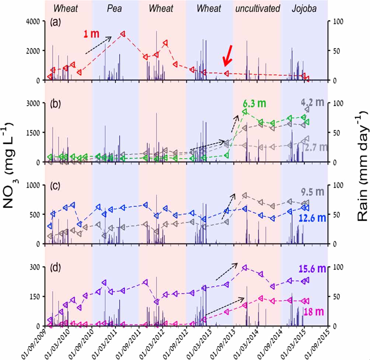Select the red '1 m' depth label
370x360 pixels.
click(x=90, y=34)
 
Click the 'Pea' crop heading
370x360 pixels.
click(x=115, y=8)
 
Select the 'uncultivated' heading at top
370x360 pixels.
click(x=258, y=8)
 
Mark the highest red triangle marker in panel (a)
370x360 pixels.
click(x=123, y=33)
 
